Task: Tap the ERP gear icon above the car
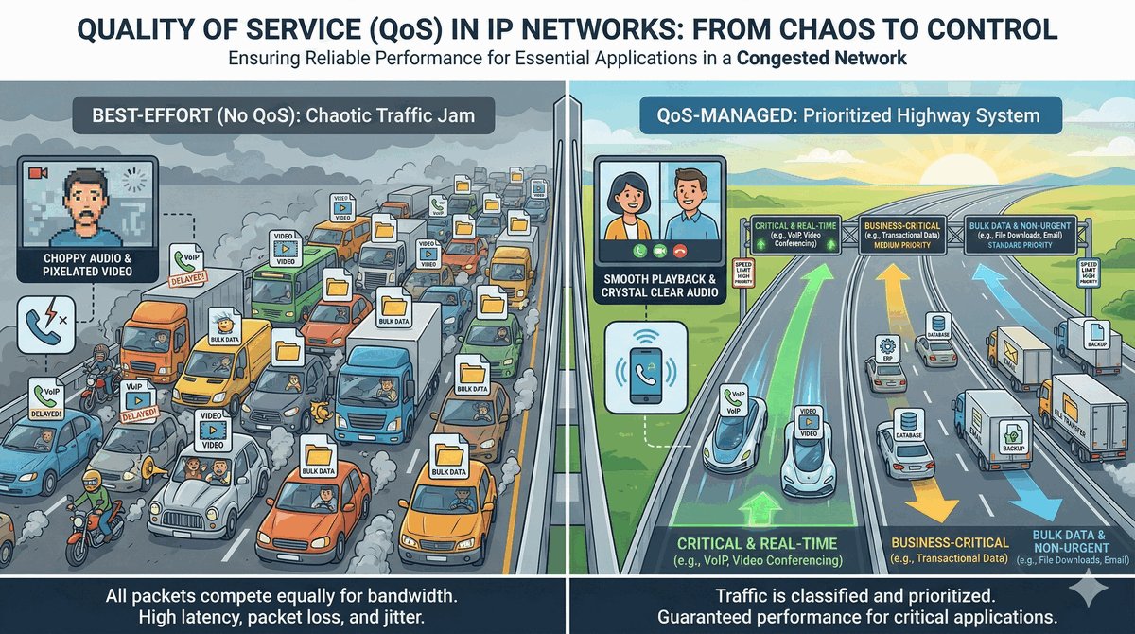point(886,345)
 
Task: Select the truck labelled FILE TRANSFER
point(1073,407)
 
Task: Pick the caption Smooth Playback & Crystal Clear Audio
point(663,287)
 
